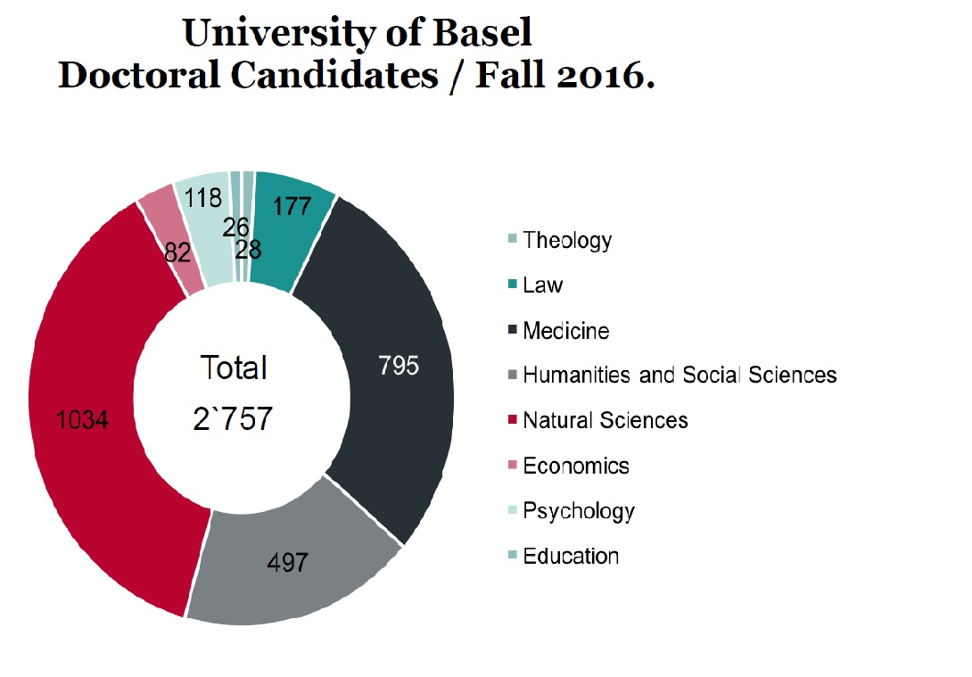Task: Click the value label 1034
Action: click(x=83, y=419)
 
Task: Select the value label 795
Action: click(x=398, y=366)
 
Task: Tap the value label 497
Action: click(x=287, y=563)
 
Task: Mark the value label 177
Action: click(x=292, y=206)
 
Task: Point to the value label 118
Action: click(x=203, y=197)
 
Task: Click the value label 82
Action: click(x=179, y=252)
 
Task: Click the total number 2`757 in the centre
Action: click(x=233, y=419)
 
